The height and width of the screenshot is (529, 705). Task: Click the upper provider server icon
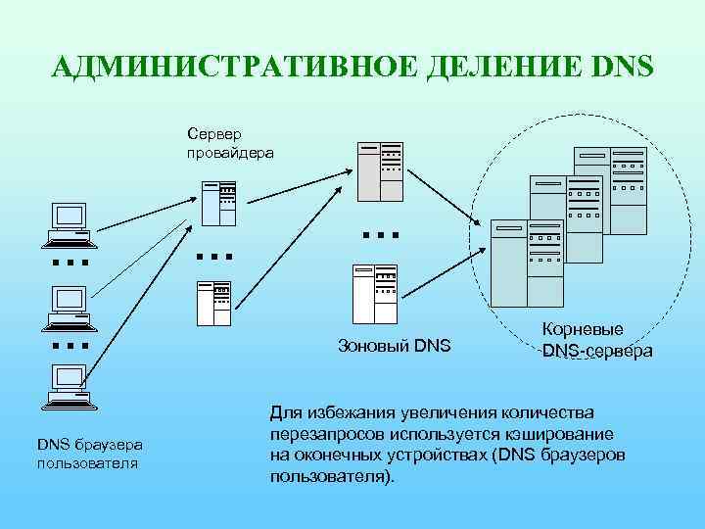coord(218,203)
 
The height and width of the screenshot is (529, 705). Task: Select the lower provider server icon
coord(212,303)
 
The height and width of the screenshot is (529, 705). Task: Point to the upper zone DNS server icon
coord(379,168)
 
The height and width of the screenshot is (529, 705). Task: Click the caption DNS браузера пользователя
coord(90,453)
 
